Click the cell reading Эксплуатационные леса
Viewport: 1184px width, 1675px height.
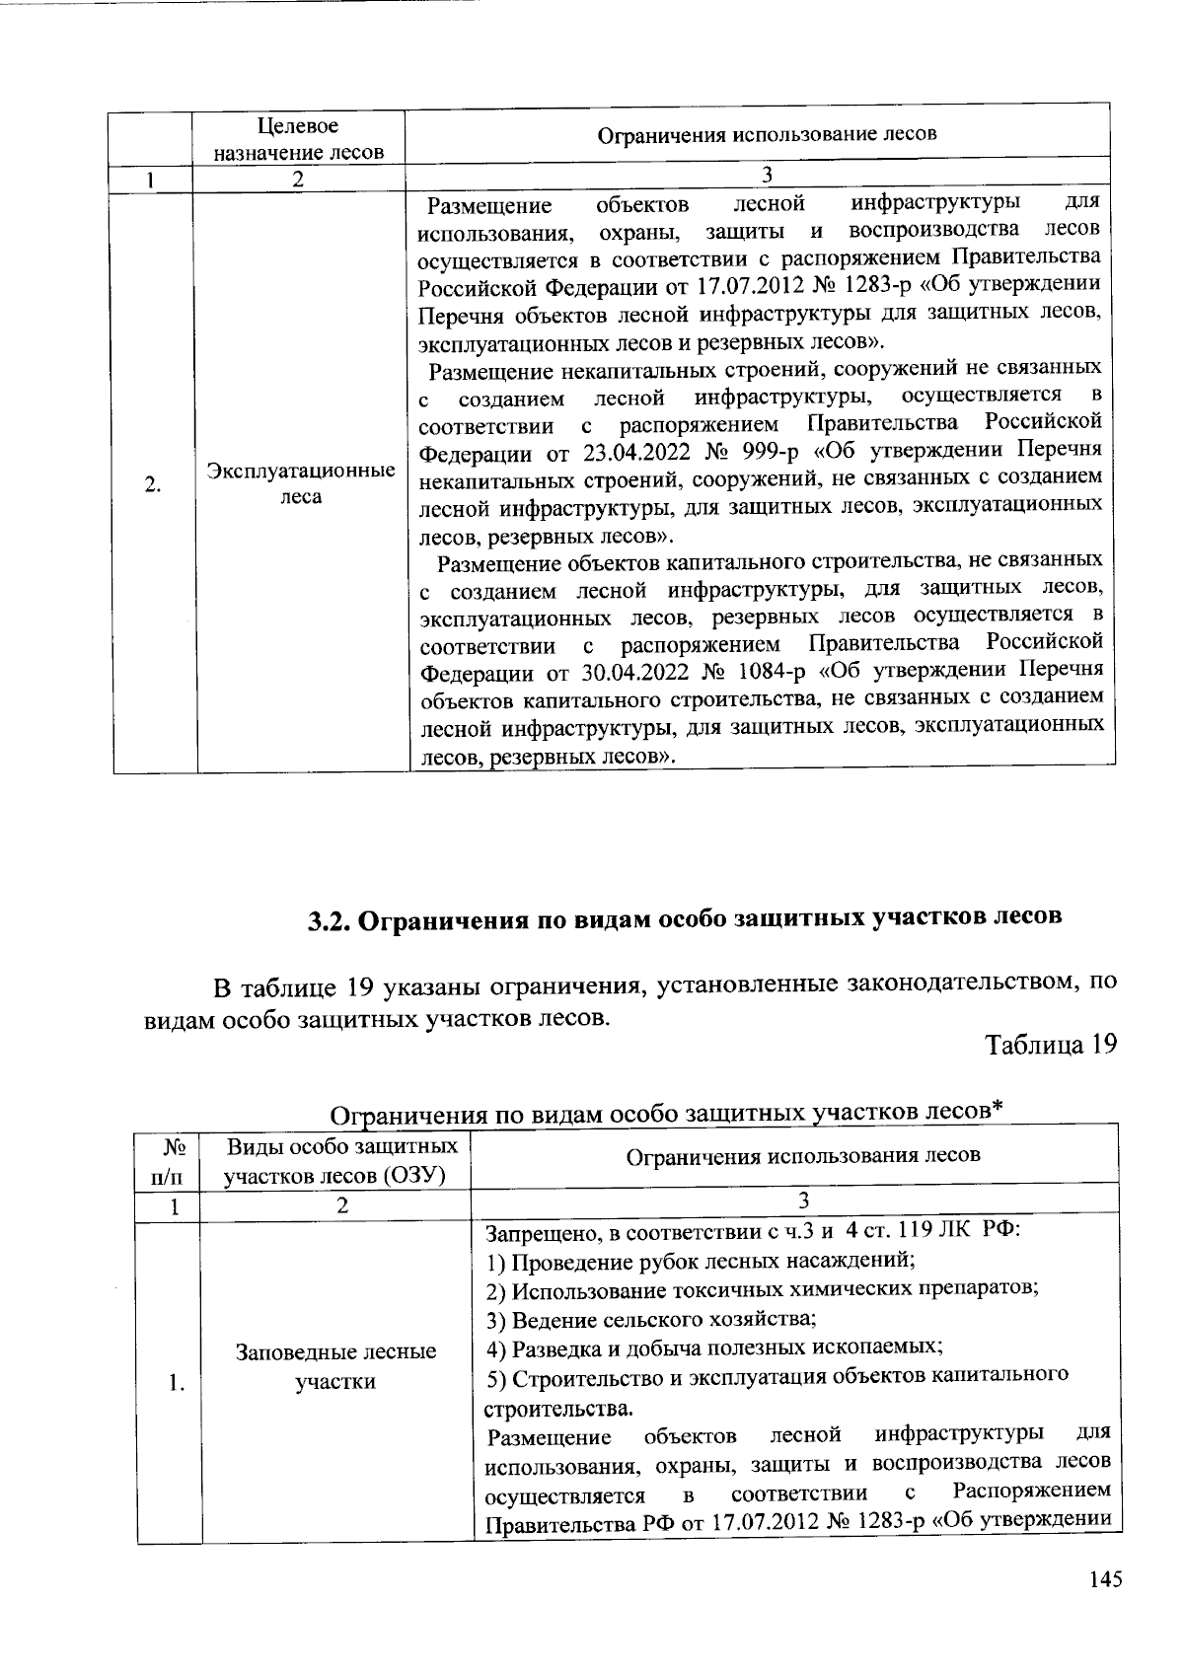pyautogui.click(x=301, y=483)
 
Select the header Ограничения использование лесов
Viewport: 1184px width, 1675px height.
pyautogui.click(x=767, y=133)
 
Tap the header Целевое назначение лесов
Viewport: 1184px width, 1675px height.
pyautogui.click(x=296, y=139)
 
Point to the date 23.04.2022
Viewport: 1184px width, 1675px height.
pyautogui.click(x=627, y=451)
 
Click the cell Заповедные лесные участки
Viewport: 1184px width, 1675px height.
pyautogui.click(x=335, y=1366)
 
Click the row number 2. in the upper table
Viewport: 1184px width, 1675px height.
pyautogui.click(x=153, y=484)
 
